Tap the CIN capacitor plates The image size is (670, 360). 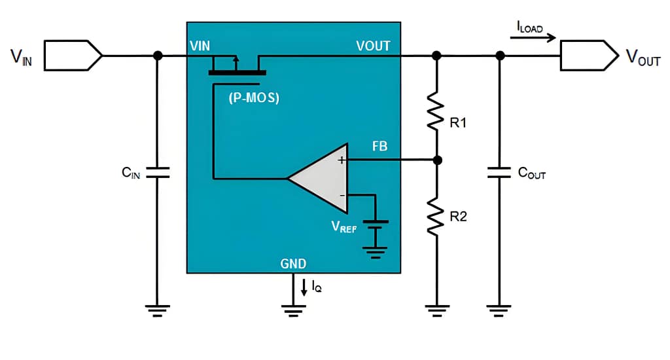coord(157,172)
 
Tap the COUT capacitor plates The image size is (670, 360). coord(499,172)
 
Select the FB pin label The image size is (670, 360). coord(379,147)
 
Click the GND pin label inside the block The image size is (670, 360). coord(293,264)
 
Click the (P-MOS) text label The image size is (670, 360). coord(253,99)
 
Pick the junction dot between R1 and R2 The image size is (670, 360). coord(437,160)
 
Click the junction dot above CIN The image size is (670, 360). coord(157,56)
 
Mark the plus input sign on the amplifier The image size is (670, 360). coord(341,160)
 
